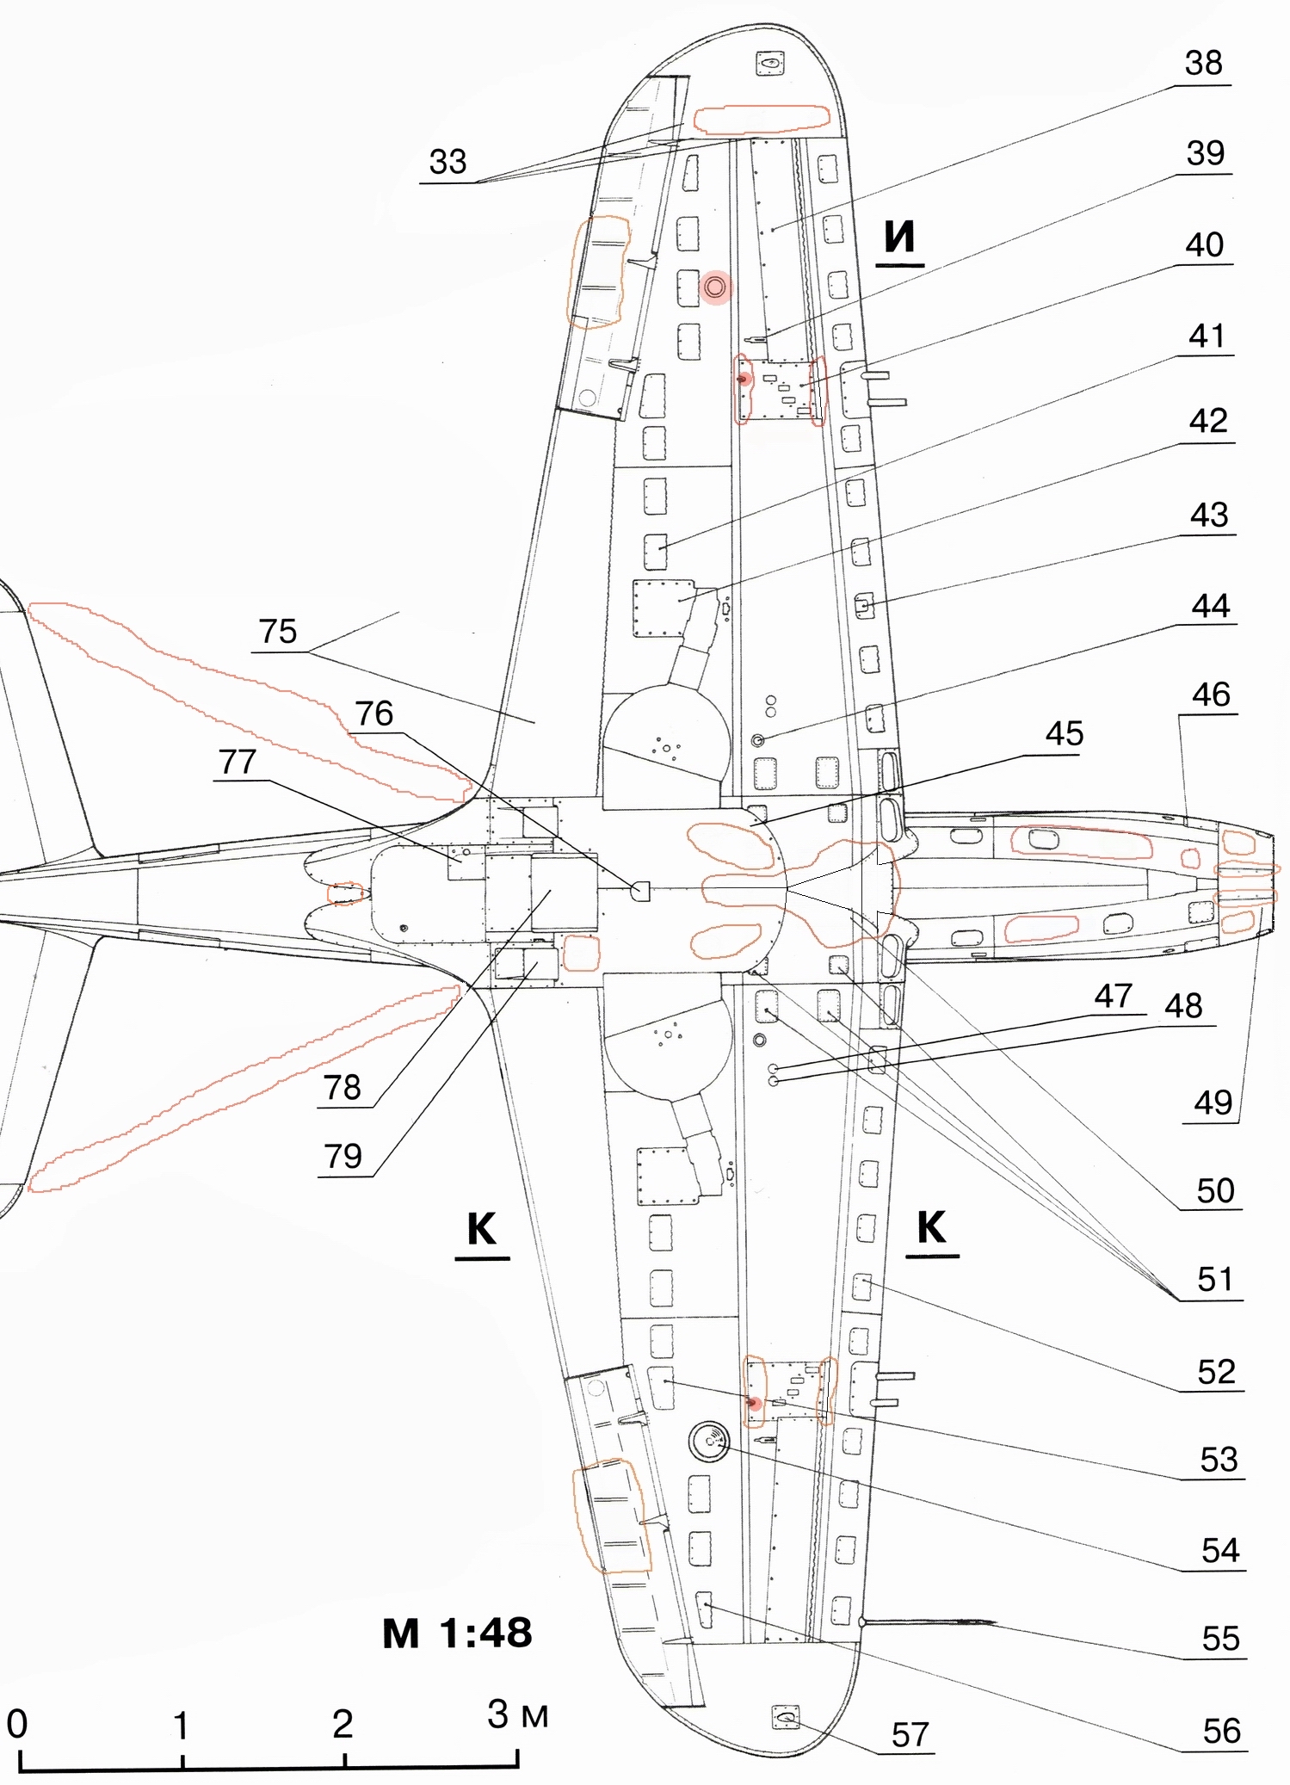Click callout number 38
[1203, 63]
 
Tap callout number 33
[447, 162]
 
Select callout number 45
[1064, 734]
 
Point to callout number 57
[910, 1734]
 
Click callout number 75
[278, 632]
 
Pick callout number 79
[343, 1156]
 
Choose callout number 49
[1213, 1102]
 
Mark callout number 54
[1219, 1550]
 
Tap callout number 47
[1113, 996]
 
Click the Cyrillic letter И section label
[900, 238]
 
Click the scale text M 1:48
[457, 1633]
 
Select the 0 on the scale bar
[17, 1724]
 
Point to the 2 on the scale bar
[343, 1724]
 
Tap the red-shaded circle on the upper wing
[715, 287]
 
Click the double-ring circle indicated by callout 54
[709, 1439]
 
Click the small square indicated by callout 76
[640, 891]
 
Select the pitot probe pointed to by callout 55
[929, 1622]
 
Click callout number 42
[1207, 422]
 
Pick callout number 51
[1215, 1280]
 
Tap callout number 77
[238, 763]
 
